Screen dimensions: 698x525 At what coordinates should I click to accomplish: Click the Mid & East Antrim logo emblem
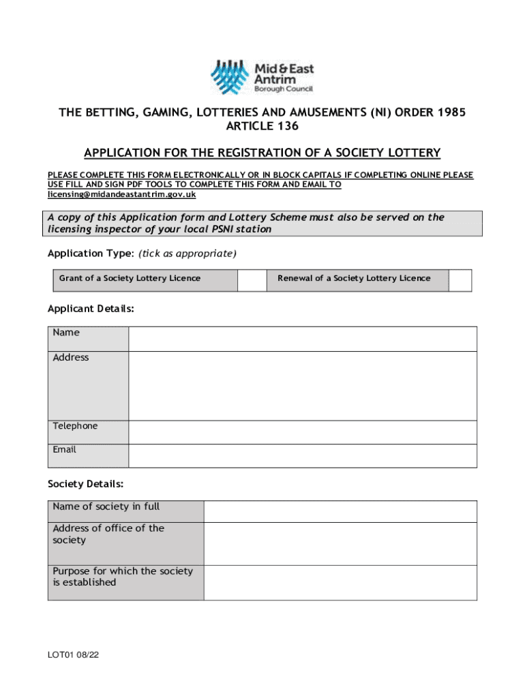230,77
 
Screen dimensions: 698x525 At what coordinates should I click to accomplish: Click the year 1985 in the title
451,112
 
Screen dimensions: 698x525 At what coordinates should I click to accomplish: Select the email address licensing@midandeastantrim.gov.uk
121,194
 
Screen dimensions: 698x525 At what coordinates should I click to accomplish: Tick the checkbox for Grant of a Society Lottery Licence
252,279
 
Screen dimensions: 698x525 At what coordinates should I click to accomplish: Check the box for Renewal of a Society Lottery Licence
460,279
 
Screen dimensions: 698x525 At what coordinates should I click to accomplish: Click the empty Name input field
302,339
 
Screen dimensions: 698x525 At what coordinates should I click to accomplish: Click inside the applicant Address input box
302,386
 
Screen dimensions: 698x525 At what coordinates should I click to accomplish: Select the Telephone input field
302,432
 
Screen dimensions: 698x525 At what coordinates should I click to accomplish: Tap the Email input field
302,455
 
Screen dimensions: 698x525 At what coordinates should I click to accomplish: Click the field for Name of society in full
340,511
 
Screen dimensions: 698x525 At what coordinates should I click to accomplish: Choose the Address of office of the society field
340,543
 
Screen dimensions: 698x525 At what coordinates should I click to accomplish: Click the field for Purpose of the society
340,582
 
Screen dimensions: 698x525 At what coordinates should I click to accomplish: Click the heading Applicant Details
91,309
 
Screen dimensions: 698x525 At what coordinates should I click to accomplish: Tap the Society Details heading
85,484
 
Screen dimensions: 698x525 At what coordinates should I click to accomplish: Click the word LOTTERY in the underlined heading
410,153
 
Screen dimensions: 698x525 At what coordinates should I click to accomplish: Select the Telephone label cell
88,432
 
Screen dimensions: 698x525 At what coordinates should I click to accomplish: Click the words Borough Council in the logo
284,89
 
